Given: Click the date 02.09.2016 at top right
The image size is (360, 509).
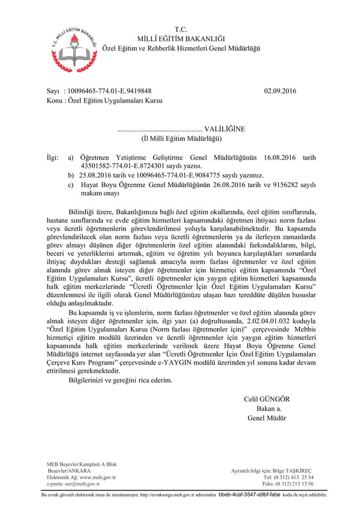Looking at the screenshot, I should (x=280, y=91).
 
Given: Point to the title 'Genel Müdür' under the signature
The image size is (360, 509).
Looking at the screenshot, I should (x=266, y=418).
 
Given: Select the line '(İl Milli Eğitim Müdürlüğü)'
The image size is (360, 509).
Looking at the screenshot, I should (x=181, y=138).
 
